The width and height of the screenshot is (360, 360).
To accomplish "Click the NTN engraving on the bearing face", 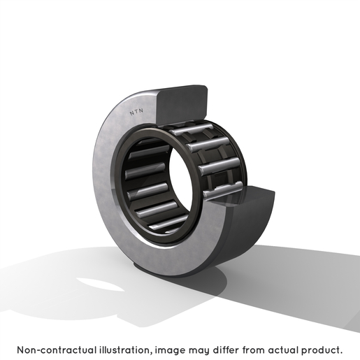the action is pos(136,112).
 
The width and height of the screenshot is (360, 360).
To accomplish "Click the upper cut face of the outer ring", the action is pos(182,103).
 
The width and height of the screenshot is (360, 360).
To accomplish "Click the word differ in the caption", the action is pos(225,350).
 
